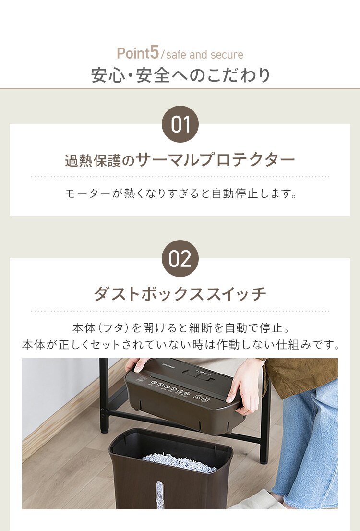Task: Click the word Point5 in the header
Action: [138, 52]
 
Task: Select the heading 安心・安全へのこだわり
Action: [180, 75]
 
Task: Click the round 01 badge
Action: [180, 124]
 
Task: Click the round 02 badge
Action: [180, 258]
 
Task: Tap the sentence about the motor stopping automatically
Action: [180, 194]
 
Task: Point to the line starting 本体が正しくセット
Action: [180, 345]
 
